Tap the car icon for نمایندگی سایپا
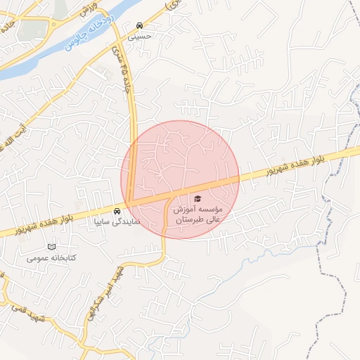(x=117, y=210)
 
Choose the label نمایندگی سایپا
(x=117, y=221)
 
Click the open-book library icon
(x=51, y=247)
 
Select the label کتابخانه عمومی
(x=51, y=257)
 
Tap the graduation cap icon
(x=198, y=199)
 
